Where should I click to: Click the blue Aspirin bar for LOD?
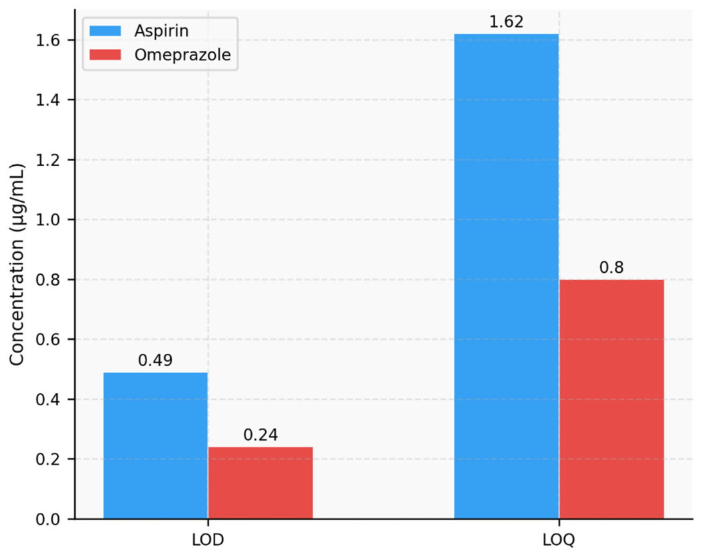[x=155, y=445]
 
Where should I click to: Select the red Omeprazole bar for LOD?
[x=261, y=483]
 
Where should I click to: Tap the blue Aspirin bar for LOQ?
[x=507, y=276]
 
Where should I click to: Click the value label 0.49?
[x=155, y=360]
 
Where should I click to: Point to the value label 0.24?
[x=261, y=435]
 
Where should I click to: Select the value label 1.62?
[x=507, y=22]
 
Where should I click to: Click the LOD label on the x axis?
[x=208, y=539]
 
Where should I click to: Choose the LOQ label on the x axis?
[x=559, y=539]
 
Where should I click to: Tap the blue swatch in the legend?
[x=102, y=31]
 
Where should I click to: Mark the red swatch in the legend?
[x=102, y=55]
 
